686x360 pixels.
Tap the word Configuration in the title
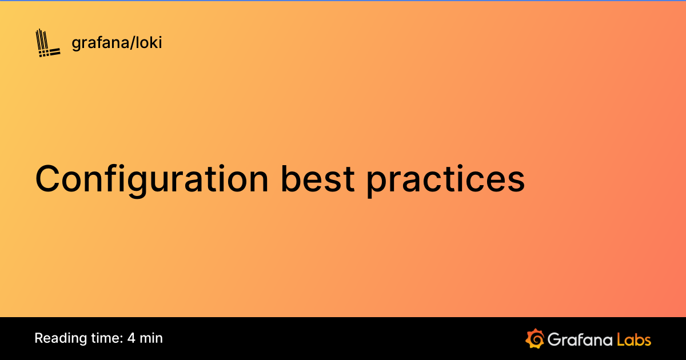click(x=151, y=179)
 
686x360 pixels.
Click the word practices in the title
click(x=445, y=179)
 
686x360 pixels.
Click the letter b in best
click(x=290, y=178)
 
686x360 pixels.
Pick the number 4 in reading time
click(x=131, y=338)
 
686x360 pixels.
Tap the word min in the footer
click(x=151, y=338)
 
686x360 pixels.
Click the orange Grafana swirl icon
click(x=535, y=338)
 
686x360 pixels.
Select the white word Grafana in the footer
click(x=579, y=339)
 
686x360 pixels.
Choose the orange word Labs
click(x=634, y=339)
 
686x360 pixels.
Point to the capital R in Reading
click(x=39, y=338)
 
